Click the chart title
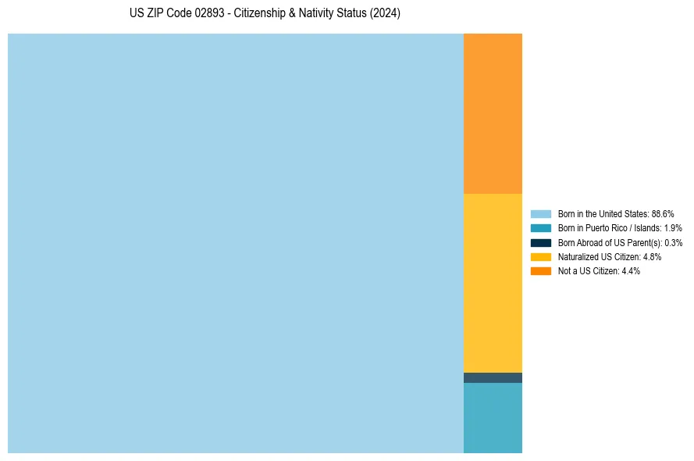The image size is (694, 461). pyautogui.click(x=265, y=14)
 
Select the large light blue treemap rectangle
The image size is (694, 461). pyautogui.click(x=235, y=243)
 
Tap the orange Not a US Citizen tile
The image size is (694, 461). pyautogui.click(x=493, y=113)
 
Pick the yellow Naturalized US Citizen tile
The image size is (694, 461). pyautogui.click(x=493, y=283)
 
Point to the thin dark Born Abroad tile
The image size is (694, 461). pyautogui.click(x=493, y=378)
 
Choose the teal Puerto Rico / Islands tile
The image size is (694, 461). pyautogui.click(x=493, y=418)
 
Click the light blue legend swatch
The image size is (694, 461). pyautogui.click(x=541, y=213)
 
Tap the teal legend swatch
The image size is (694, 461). pyautogui.click(x=541, y=228)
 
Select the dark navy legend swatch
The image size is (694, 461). pyautogui.click(x=541, y=242)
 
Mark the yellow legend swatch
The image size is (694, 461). pyautogui.click(x=541, y=256)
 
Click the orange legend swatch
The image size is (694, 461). pyautogui.click(x=541, y=271)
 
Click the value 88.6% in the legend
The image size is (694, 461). pyautogui.click(x=663, y=213)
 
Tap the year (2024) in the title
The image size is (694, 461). pyautogui.click(x=385, y=14)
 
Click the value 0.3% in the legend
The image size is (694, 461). pyautogui.click(x=673, y=242)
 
